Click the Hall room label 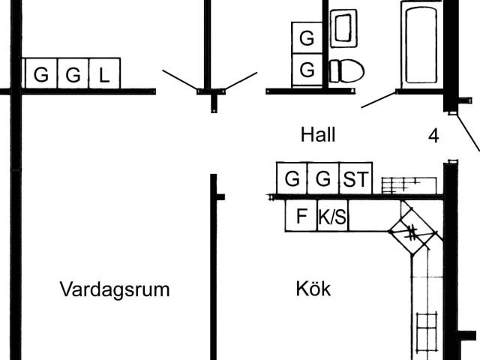coord(318,135)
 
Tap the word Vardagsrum coord(115,289)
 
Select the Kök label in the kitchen coord(313,289)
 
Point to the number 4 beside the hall coord(433,136)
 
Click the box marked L coord(104,74)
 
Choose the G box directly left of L coord(73,74)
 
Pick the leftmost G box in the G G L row coord(40,74)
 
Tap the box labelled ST coord(355,179)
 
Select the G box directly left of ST coord(323,179)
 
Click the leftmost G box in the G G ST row coord(292,179)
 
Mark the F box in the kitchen coord(301,217)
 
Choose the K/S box coord(333,217)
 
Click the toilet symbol coord(346,71)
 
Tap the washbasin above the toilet coord(343,28)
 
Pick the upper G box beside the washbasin coord(307,37)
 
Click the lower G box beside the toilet coord(307,70)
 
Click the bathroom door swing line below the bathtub coord(379,100)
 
